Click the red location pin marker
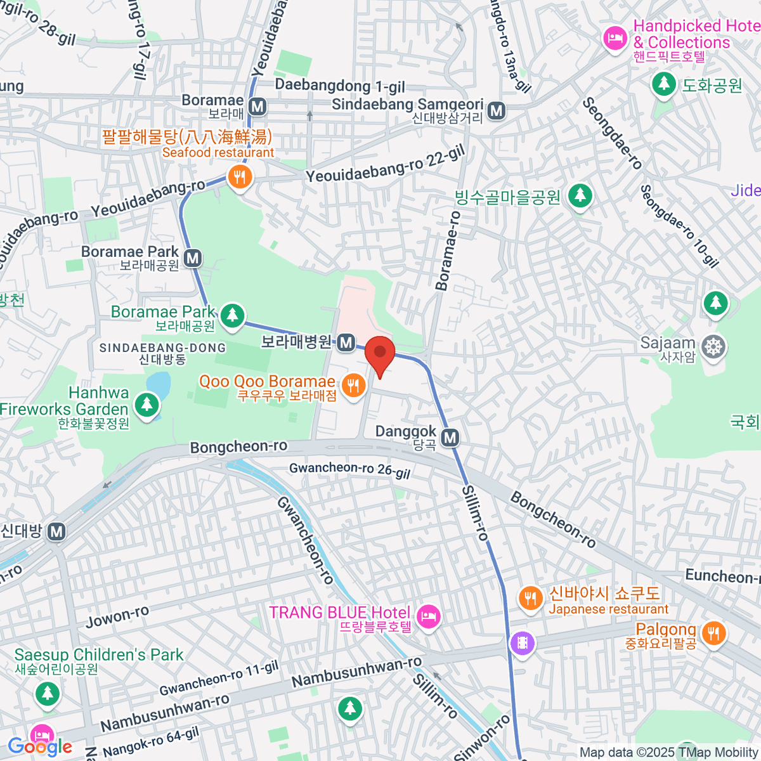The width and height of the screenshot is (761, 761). pyautogui.click(x=380, y=353)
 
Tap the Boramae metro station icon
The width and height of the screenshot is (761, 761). pyautogui.click(x=257, y=106)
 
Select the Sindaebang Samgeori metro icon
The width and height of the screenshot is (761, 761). pyautogui.click(x=497, y=111)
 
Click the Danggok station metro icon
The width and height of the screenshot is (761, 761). pyautogui.click(x=450, y=438)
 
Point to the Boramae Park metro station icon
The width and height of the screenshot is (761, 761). pyautogui.click(x=193, y=258)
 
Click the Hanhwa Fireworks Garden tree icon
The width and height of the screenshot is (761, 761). pyautogui.click(x=147, y=403)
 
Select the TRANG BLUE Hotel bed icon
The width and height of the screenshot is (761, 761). pyautogui.click(x=429, y=615)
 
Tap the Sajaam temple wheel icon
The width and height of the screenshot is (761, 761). pyautogui.click(x=714, y=347)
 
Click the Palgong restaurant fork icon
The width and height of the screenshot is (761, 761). pyautogui.click(x=713, y=632)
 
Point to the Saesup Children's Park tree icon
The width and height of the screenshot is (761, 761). pyautogui.click(x=47, y=693)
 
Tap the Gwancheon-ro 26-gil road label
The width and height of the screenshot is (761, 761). pyautogui.click(x=350, y=470)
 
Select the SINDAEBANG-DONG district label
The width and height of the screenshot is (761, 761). pyautogui.click(x=162, y=348)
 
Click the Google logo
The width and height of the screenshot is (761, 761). pyautogui.click(x=39, y=746)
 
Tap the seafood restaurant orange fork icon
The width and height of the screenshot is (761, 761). pyautogui.click(x=239, y=177)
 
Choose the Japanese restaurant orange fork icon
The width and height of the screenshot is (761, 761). pyautogui.click(x=530, y=597)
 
